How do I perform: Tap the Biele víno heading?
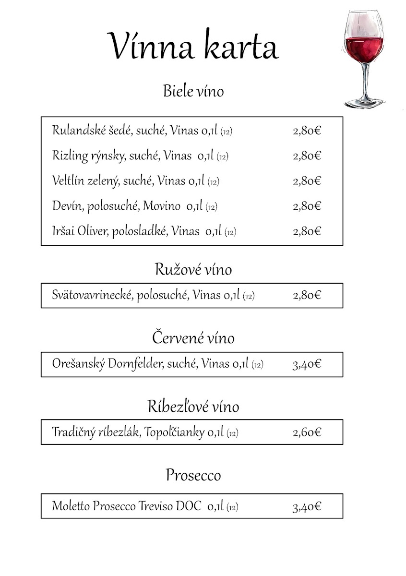click(193, 91)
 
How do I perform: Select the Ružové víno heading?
click(193, 269)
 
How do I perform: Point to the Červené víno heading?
click(193, 338)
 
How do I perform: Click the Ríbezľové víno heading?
click(193, 407)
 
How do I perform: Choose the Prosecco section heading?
click(193, 475)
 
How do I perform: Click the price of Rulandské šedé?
click(307, 131)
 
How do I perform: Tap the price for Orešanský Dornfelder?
click(307, 364)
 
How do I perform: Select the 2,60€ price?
click(307, 432)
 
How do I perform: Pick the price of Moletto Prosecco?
click(307, 506)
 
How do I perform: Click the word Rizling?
click(67, 156)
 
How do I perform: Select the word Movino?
click(161, 206)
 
